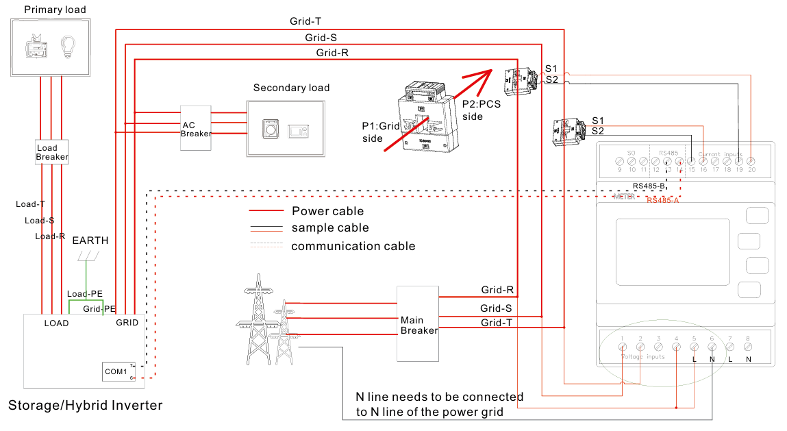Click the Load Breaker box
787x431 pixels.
click(52, 152)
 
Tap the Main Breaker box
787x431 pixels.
click(418, 323)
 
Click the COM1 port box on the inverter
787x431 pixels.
click(116, 371)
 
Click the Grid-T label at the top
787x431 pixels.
click(305, 21)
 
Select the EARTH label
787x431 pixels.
click(90, 241)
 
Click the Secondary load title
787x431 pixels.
click(291, 88)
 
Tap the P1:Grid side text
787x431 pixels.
click(381, 132)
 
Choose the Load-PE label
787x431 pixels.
click(84, 294)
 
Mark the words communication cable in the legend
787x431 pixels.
click(353, 246)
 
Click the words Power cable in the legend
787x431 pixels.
click(327, 211)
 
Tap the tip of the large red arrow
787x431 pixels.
click(492, 71)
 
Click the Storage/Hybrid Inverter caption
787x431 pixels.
click(86, 406)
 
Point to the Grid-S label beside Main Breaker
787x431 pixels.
click(497, 308)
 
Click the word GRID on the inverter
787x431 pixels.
click(127, 323)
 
